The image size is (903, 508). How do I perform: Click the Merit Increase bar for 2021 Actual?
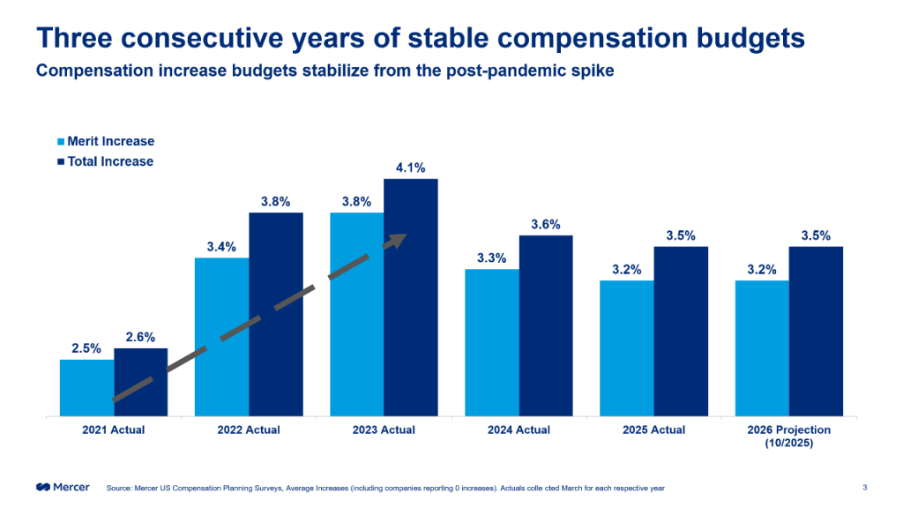point(86,387)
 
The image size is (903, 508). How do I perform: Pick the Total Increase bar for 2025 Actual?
point(681,331)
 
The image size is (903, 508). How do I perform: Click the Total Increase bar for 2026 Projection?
point(816,331)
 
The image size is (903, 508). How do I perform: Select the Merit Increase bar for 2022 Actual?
point(221,336)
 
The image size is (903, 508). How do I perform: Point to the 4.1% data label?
point(411,168)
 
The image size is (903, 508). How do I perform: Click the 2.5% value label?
point(86,347)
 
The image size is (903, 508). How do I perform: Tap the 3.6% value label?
point(546,224)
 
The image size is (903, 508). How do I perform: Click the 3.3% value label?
point(492,258)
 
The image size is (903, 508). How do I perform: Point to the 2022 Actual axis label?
point(249,430)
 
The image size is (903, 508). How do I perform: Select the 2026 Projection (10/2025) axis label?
point(788,436)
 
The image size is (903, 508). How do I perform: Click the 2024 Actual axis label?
point(519,430)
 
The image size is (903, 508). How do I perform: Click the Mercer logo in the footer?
point(63,487)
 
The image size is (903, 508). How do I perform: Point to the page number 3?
point(864,487)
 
